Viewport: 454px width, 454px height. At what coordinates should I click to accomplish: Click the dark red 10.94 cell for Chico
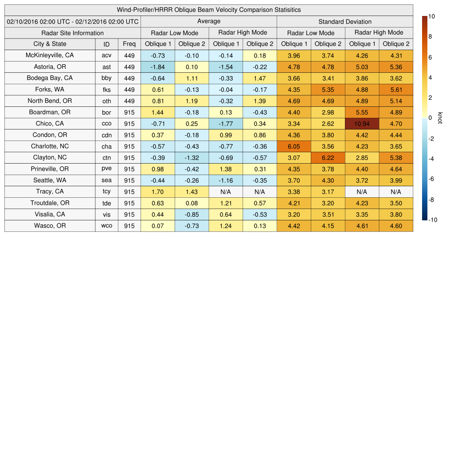click(x=362, y=124)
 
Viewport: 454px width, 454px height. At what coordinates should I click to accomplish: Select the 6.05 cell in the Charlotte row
click(x=294, y=146)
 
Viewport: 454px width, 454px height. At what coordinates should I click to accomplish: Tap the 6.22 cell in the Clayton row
click(x=328, y=158)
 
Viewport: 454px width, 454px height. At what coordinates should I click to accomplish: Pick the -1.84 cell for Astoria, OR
click(x=157, y=67)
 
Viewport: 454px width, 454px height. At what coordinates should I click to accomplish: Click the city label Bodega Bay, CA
click(x=50, y=78)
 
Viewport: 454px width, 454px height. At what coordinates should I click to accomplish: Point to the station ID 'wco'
click(x=106, y=226)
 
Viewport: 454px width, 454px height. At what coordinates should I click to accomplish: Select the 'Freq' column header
click(x=129, y=44)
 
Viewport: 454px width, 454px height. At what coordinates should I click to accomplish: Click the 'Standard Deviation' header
click(x=344, y=21)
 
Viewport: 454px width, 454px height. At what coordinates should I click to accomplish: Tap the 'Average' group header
click(x=208, y=21)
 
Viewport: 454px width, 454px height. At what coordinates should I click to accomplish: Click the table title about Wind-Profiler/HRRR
click(x=208, y=10)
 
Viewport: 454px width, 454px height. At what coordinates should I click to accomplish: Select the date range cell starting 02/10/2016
click(x=73, y=21)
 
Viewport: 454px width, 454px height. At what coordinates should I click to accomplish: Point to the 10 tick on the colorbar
click(x=432, y=16)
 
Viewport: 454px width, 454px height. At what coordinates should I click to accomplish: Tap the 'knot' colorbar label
click(x=440, y=117)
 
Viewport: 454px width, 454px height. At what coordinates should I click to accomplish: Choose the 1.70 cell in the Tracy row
click(x=157, y=192)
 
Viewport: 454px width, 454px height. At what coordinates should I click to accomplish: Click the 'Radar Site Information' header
click(x=73, y=33)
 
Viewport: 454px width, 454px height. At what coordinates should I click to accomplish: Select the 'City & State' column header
click(x=50, y=44)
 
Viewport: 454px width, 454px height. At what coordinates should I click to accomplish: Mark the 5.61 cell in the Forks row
click(x=396, y=90)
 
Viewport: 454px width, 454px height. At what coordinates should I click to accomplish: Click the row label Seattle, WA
click(x=50, y=180)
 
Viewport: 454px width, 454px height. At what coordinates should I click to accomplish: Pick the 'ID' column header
click(x=106, y=44)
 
